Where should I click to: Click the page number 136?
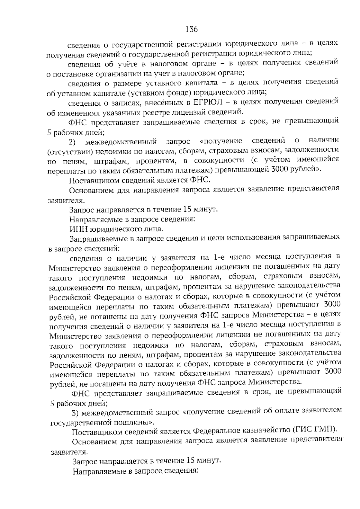(191, 29)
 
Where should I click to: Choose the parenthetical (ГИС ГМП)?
(314, 430)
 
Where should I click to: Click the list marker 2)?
(73, 141)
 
